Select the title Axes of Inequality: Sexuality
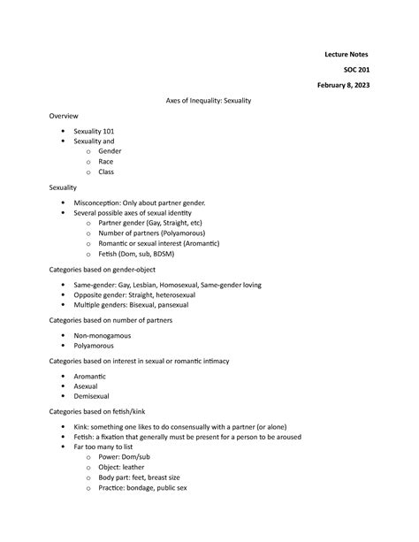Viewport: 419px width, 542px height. click(209, 101)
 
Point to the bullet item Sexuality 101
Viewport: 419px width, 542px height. click(94, 131)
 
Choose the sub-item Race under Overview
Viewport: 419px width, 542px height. click(106, 162)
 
